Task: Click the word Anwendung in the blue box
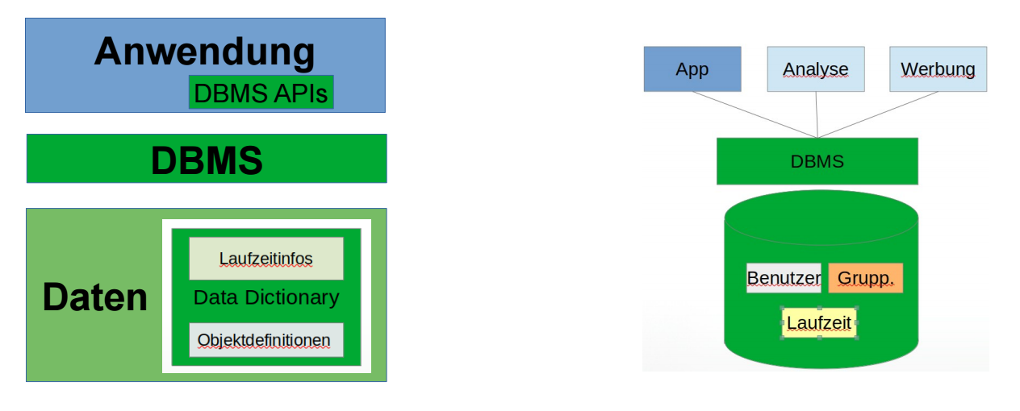coord(204,52)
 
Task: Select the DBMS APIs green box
coord(261,93)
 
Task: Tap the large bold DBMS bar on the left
coord(207,159)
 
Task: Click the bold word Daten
coord(95,297)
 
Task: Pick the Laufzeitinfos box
coord(266,258)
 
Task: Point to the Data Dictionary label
coord(266,297)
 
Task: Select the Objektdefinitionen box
coord(266,340)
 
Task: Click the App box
coord(692,69)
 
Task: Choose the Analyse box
coord(816,69)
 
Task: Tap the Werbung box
coord(938,69)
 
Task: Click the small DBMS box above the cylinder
coord(817,161)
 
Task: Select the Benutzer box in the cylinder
coord(784,278)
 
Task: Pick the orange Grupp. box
coord(866,278)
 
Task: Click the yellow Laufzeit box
coord(819,323)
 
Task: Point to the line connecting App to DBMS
coord(755,114)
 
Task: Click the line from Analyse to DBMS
coord(817,114)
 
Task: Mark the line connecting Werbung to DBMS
coord(878,114)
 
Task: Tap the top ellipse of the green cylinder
coord(821,218)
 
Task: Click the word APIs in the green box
coord(300,93)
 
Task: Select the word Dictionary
coord(292,298)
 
